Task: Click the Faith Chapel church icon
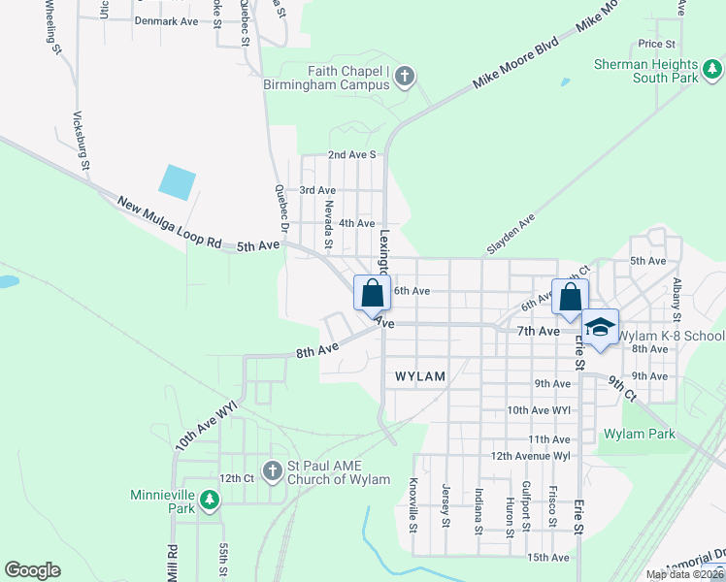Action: (406, 76)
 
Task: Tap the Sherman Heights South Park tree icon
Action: (712, 68)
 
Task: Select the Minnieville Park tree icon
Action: (210, 501)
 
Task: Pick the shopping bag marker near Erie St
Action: (570, 294)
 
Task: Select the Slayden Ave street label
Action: (511, 235)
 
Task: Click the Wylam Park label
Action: (639, 434)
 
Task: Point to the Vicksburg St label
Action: (82, 141)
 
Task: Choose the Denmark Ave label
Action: (166, 20)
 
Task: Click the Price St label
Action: (656, 44)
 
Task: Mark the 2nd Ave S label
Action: (351, 154)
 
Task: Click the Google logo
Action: (32, 570)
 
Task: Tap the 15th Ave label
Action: (547, 557)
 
